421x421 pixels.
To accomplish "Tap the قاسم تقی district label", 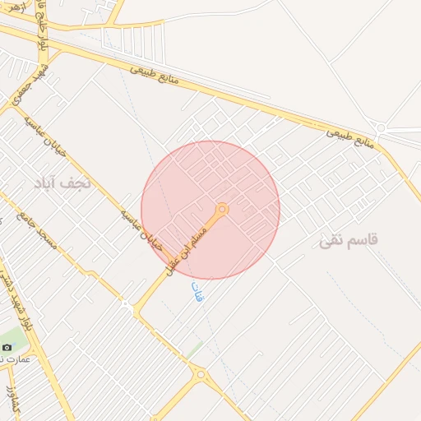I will [x=347, y=241].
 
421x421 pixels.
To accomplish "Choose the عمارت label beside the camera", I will [x=16, y=359].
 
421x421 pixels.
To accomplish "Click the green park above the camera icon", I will [x=10, y=335].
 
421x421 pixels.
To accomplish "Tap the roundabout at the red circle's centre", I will [x=222, y=209].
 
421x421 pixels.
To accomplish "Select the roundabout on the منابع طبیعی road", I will [x=380, y=127].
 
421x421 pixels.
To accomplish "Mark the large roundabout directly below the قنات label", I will [x=201, y=375].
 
